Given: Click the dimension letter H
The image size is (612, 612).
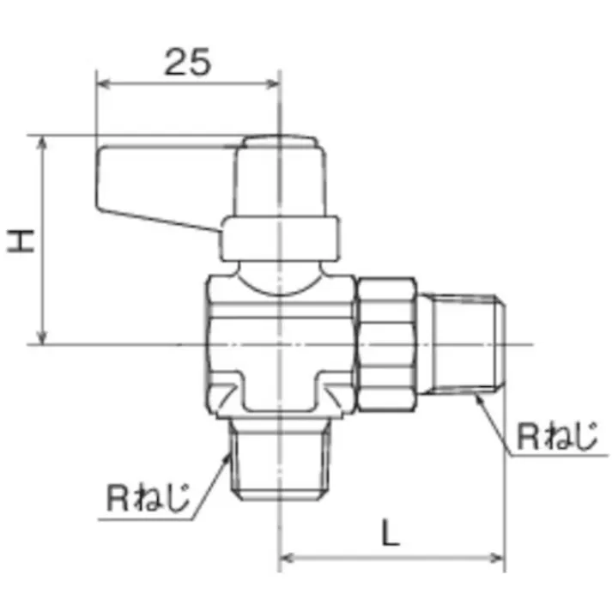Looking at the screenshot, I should point(21,240).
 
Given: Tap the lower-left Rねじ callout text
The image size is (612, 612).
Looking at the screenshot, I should point(148,497).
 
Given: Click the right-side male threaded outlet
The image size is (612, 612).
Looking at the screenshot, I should point(467,344).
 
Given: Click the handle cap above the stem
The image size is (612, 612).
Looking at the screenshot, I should point(284,177).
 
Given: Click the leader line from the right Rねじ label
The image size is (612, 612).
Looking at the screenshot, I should point(495,421).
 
